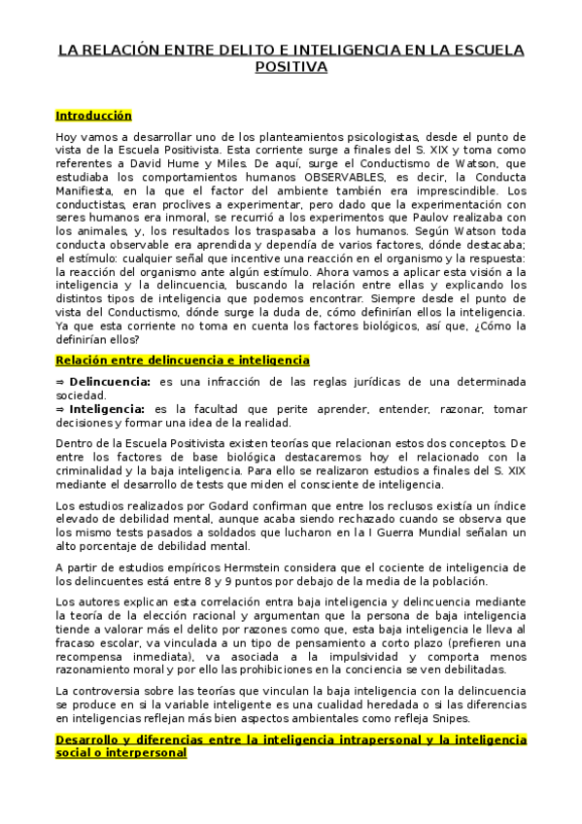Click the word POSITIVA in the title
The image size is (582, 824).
point(291,67)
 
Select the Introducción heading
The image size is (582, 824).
point(93,116)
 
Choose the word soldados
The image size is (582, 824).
point(262,532)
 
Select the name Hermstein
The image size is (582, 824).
point(251,567)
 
